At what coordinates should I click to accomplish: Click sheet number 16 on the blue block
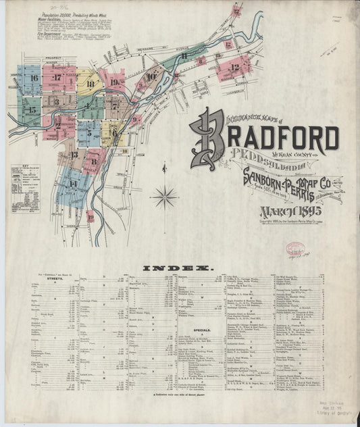tap(33, 78)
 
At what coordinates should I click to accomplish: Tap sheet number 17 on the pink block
tap(57, 78)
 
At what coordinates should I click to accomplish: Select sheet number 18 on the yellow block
tap(91, 84)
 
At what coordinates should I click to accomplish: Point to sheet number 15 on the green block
tap(31, 109)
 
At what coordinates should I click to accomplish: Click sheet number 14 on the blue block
tap(72, 184)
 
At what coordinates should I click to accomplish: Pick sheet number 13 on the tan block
tap(74, 154)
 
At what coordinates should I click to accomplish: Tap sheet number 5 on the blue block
tap(88, 133)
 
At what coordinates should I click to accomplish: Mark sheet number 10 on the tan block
tap(150, 77)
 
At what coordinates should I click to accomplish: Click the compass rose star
tap(164, 197)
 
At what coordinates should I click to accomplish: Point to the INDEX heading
tap(180, 268)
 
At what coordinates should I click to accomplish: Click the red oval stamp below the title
tap(296, 249)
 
